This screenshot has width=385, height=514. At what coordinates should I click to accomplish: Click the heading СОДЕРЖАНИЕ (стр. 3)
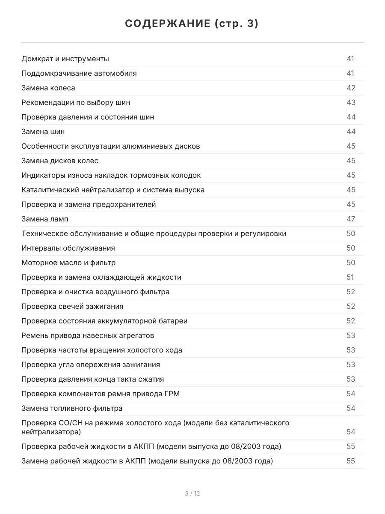pos(192,24)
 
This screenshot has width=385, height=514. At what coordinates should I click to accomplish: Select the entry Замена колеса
pos(48,88)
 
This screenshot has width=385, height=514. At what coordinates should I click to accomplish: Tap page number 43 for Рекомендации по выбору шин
pos(351,102)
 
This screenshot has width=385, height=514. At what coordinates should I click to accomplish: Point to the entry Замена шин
pos(43,131)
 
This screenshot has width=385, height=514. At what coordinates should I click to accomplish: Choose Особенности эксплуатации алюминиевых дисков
pos(110,146)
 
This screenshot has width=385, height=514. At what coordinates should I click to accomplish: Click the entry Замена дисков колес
pos(60,161)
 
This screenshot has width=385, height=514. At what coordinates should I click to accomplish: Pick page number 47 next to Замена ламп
pos(351,219)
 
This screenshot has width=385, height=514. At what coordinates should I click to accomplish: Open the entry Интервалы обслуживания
pos(68,248)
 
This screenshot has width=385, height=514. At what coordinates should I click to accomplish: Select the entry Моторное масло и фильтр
pos(68,263)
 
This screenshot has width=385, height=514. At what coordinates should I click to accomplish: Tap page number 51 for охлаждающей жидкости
pos(350,277)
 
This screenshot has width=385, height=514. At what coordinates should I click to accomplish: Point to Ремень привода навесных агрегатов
pos(88,335)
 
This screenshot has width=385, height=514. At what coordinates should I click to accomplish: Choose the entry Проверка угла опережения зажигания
pos(91,365)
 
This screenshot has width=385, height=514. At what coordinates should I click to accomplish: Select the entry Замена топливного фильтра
pos(72,408)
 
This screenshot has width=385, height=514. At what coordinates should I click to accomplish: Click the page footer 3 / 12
pos(192,493)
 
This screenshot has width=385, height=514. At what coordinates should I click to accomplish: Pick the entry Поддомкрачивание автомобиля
pos(79,73)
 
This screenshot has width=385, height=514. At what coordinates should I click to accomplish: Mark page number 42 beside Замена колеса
pos(351,88)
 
